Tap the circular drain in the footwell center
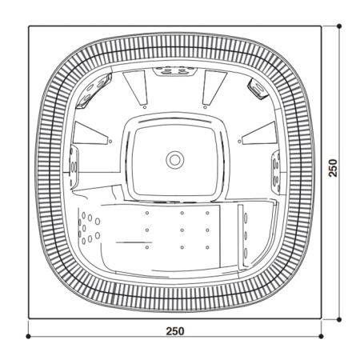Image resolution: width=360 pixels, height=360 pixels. point(174,158)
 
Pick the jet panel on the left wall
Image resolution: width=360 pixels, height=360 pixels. point(74,166)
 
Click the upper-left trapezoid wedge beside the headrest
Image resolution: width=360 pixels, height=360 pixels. point(135,87)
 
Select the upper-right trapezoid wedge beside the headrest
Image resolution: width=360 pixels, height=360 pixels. point(214,87)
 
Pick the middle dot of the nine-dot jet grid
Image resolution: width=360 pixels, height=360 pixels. point(182,230)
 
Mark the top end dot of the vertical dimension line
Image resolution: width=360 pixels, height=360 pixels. point(339,26)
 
